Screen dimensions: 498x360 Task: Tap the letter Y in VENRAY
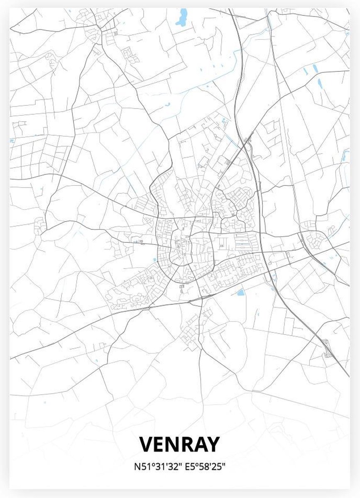click(x=211, y=444)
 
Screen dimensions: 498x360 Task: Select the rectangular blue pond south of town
click(x=240, y=293)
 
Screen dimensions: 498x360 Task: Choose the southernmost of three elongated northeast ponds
click(x=320, y=84)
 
